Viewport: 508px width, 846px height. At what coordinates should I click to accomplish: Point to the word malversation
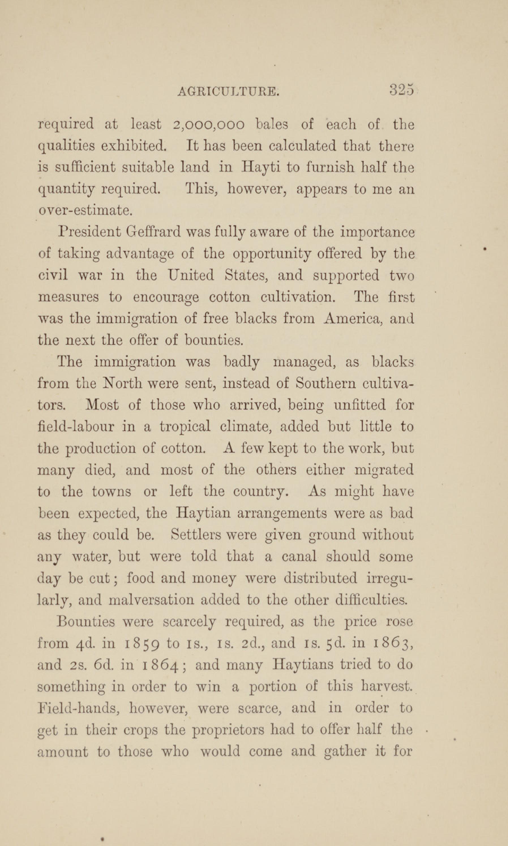click(151, 600)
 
